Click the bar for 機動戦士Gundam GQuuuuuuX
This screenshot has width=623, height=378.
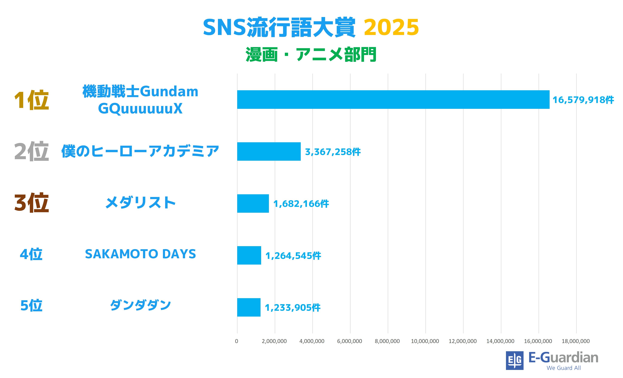coord(393,100)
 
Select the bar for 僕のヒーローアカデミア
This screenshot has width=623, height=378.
coord(269,151)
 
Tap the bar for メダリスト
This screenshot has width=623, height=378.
coord(253,204)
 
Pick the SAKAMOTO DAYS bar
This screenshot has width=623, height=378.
coord(249,255)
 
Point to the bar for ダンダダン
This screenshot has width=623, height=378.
coord(249,307)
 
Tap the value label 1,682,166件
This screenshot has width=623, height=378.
coord(301,204)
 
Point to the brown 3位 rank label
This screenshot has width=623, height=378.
coord(31,203)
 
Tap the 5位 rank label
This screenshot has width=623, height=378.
coord(31,305)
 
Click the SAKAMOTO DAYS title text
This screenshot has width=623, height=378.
coord(140,254)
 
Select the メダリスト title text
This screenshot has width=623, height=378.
coord(140,203)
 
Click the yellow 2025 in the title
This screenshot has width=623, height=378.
coord(391,27)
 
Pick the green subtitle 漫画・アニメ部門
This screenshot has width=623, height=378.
coord(311,55)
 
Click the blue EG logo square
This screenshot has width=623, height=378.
coord(514,360)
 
